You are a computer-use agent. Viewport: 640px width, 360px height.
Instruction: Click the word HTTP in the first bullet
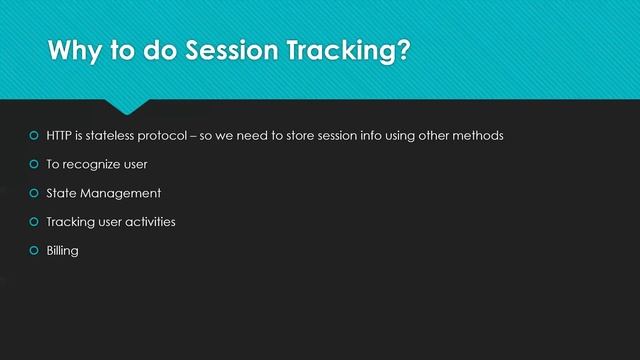[x=60, y=135]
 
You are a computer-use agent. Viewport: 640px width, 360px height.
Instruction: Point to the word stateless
[x=116, y=135]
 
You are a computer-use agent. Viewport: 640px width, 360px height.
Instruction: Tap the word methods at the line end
[x=475, y=135]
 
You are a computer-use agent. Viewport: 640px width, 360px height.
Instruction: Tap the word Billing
[x=62, y=251]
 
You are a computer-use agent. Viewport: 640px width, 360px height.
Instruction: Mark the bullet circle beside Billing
[x=33, y=251]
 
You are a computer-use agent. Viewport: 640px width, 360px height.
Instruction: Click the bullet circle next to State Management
[x=33, y=193]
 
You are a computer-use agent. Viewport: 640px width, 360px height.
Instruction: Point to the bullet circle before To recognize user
[x=33, y=164]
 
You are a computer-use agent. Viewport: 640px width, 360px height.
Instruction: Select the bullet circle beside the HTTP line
[x=33, y=135]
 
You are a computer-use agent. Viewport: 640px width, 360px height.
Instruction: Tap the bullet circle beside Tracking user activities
[x=33, y=222]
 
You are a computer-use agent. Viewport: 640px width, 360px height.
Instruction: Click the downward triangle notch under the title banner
[x=128, y=106]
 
